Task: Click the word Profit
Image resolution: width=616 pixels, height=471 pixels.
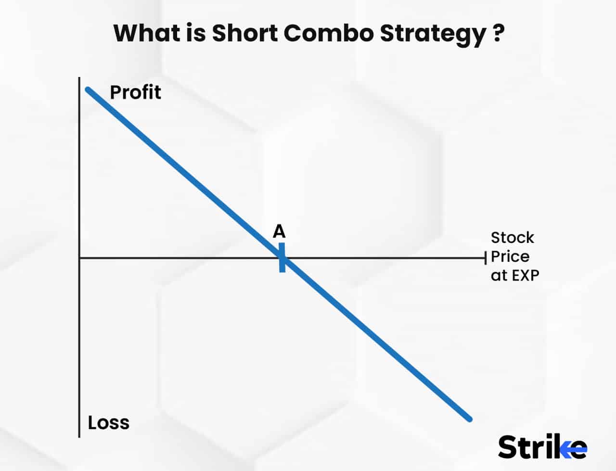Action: [135, 92]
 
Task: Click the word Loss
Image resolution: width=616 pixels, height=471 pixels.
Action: [108, 422]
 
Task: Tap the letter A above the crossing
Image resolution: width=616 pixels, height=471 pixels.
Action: [279, 232]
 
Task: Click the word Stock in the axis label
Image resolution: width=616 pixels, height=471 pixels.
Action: [512, 238]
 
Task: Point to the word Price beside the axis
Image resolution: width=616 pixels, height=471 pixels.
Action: [510, 256]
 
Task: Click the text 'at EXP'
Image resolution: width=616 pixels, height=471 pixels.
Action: [515, 275]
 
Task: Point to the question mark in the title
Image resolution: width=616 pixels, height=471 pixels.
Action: [499, 33]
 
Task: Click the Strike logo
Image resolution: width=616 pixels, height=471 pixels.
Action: [542, 447]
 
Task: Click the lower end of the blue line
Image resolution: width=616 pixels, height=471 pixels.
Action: [469, 419]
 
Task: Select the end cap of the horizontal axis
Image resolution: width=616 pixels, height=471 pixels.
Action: [486, 258]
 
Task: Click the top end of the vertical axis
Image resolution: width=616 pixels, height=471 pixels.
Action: [79, 78]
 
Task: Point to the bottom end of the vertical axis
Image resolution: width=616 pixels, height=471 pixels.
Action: [79, 436]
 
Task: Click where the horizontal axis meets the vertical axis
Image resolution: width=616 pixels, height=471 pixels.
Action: [79, 258]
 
